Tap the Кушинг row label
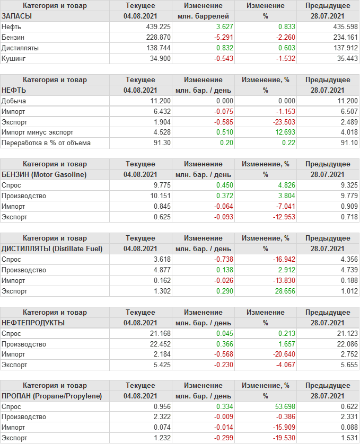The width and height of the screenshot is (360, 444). pyautogui.click(x=13, y=58)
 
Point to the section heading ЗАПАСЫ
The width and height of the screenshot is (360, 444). pyautogui.click(x=17, y=16)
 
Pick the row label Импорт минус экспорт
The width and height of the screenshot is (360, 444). pyautogui.click(x=37, y=132)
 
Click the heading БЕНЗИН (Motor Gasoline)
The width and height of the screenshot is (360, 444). pyautogui.click(x=44, y=174)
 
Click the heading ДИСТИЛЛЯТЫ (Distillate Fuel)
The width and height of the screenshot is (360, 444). pyautogui.click(x=52, y=248)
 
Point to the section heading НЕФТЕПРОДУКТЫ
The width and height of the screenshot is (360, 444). pyautogui.click(x=33, y=323)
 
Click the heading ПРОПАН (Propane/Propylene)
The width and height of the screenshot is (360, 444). pyautogui.click(x=51, y=396)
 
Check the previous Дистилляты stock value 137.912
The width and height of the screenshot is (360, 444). pyautogui.click(x=344, y=48)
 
